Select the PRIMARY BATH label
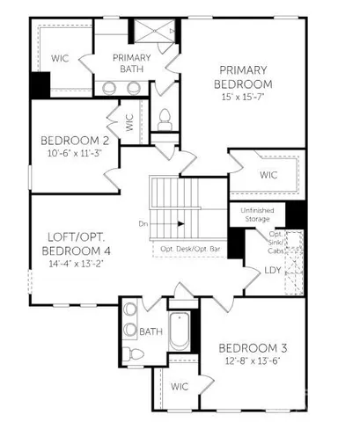click(132, 64)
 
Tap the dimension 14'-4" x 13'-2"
click(71, 261)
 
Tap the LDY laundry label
click(274, 271)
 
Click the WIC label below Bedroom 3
click(180, 386)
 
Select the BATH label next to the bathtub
click(150, 331)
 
